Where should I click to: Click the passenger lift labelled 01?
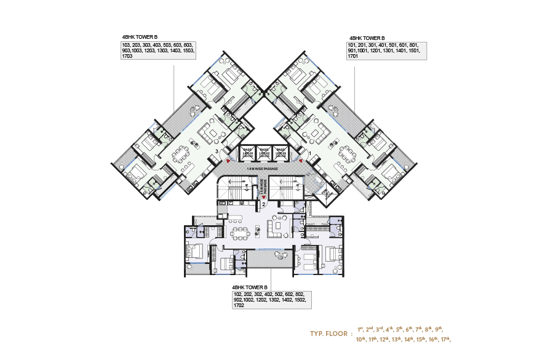[248, 153]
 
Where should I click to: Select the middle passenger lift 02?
[265, 153]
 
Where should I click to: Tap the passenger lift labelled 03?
[281, 153]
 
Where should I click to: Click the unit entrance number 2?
[263, 204]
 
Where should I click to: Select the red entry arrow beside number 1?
[301, 158]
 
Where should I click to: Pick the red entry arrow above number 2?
[263, 198]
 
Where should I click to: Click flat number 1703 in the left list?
[127, 57]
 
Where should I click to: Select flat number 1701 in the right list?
[353, 57]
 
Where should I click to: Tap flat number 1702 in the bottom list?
[238, 305]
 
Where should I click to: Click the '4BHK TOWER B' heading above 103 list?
[140, 38]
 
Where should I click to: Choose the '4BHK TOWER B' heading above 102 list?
[250, 287]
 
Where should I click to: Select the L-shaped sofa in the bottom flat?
[277, 228]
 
